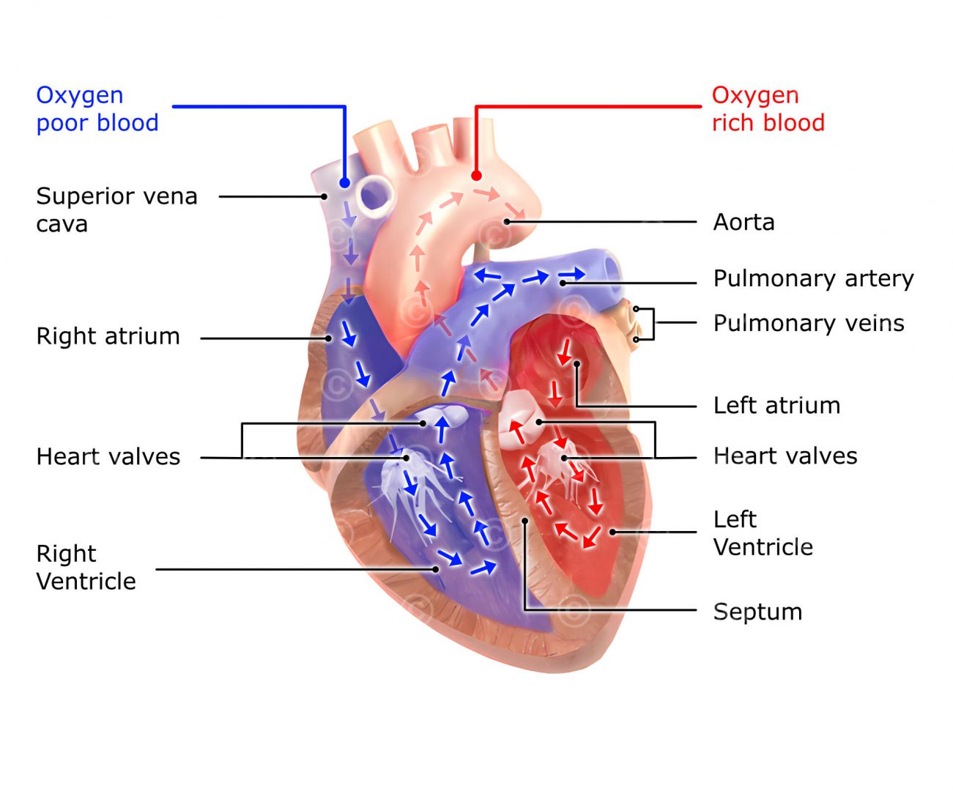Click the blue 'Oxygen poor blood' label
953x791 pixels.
pos(97,109)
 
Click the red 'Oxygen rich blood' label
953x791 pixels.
pos(768,109)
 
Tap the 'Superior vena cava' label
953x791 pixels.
pos(116,209)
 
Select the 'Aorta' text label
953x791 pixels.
pos(744,222)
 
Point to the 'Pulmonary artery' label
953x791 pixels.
pos(813,279)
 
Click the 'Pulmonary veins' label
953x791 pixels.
pos(809,323)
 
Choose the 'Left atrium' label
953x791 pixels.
pos(776,406)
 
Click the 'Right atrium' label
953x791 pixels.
pos(108,336)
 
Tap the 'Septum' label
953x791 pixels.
pos(757,612)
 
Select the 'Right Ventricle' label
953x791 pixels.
pos(86,568)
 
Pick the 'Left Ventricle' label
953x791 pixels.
pos(763,533)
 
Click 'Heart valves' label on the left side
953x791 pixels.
pos(108,457)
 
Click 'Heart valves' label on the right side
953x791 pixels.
pos(785,456)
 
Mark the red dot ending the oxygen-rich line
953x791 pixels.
pos(476,176)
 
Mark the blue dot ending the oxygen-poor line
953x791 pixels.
pos(344,182)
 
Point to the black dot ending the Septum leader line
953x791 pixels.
pos(525,521)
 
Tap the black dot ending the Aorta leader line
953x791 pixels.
pos(506,221)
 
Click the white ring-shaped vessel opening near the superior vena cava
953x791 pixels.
pos(374,195)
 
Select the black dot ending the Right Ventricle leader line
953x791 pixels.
pos(436,569)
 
